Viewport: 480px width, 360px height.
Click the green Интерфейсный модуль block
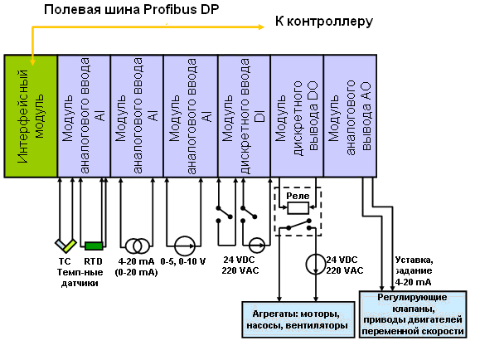point(31,116)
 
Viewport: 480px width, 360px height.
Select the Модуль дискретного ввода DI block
point(244,116)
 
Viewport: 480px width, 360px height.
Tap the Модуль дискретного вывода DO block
point(297,116)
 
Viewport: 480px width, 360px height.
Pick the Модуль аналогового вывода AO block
point(350,116)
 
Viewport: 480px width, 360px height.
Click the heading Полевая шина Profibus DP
point(131,9)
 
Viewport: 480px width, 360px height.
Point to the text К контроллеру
point(324,22)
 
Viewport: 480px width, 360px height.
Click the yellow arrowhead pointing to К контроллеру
point(261,27)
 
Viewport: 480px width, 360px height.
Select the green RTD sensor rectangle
point(94,246)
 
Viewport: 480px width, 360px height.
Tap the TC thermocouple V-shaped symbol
point(65,245)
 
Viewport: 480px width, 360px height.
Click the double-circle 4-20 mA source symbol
point(137,246)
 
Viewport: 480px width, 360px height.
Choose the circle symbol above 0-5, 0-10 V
point(185,246)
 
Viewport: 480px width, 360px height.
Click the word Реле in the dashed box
point(298,196)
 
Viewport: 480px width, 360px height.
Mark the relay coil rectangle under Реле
point(298,208)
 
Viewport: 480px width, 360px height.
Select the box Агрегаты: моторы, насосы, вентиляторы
point(298,319)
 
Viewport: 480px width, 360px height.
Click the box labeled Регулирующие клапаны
point(413,314)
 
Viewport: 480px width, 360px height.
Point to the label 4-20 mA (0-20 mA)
point(136,266)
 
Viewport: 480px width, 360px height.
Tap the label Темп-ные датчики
point(80,278)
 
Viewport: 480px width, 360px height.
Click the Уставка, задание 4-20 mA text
point(414,271)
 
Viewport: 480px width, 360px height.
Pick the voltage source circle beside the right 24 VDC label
point(316,264)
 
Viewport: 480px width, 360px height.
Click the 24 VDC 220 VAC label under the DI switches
point(240,265)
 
